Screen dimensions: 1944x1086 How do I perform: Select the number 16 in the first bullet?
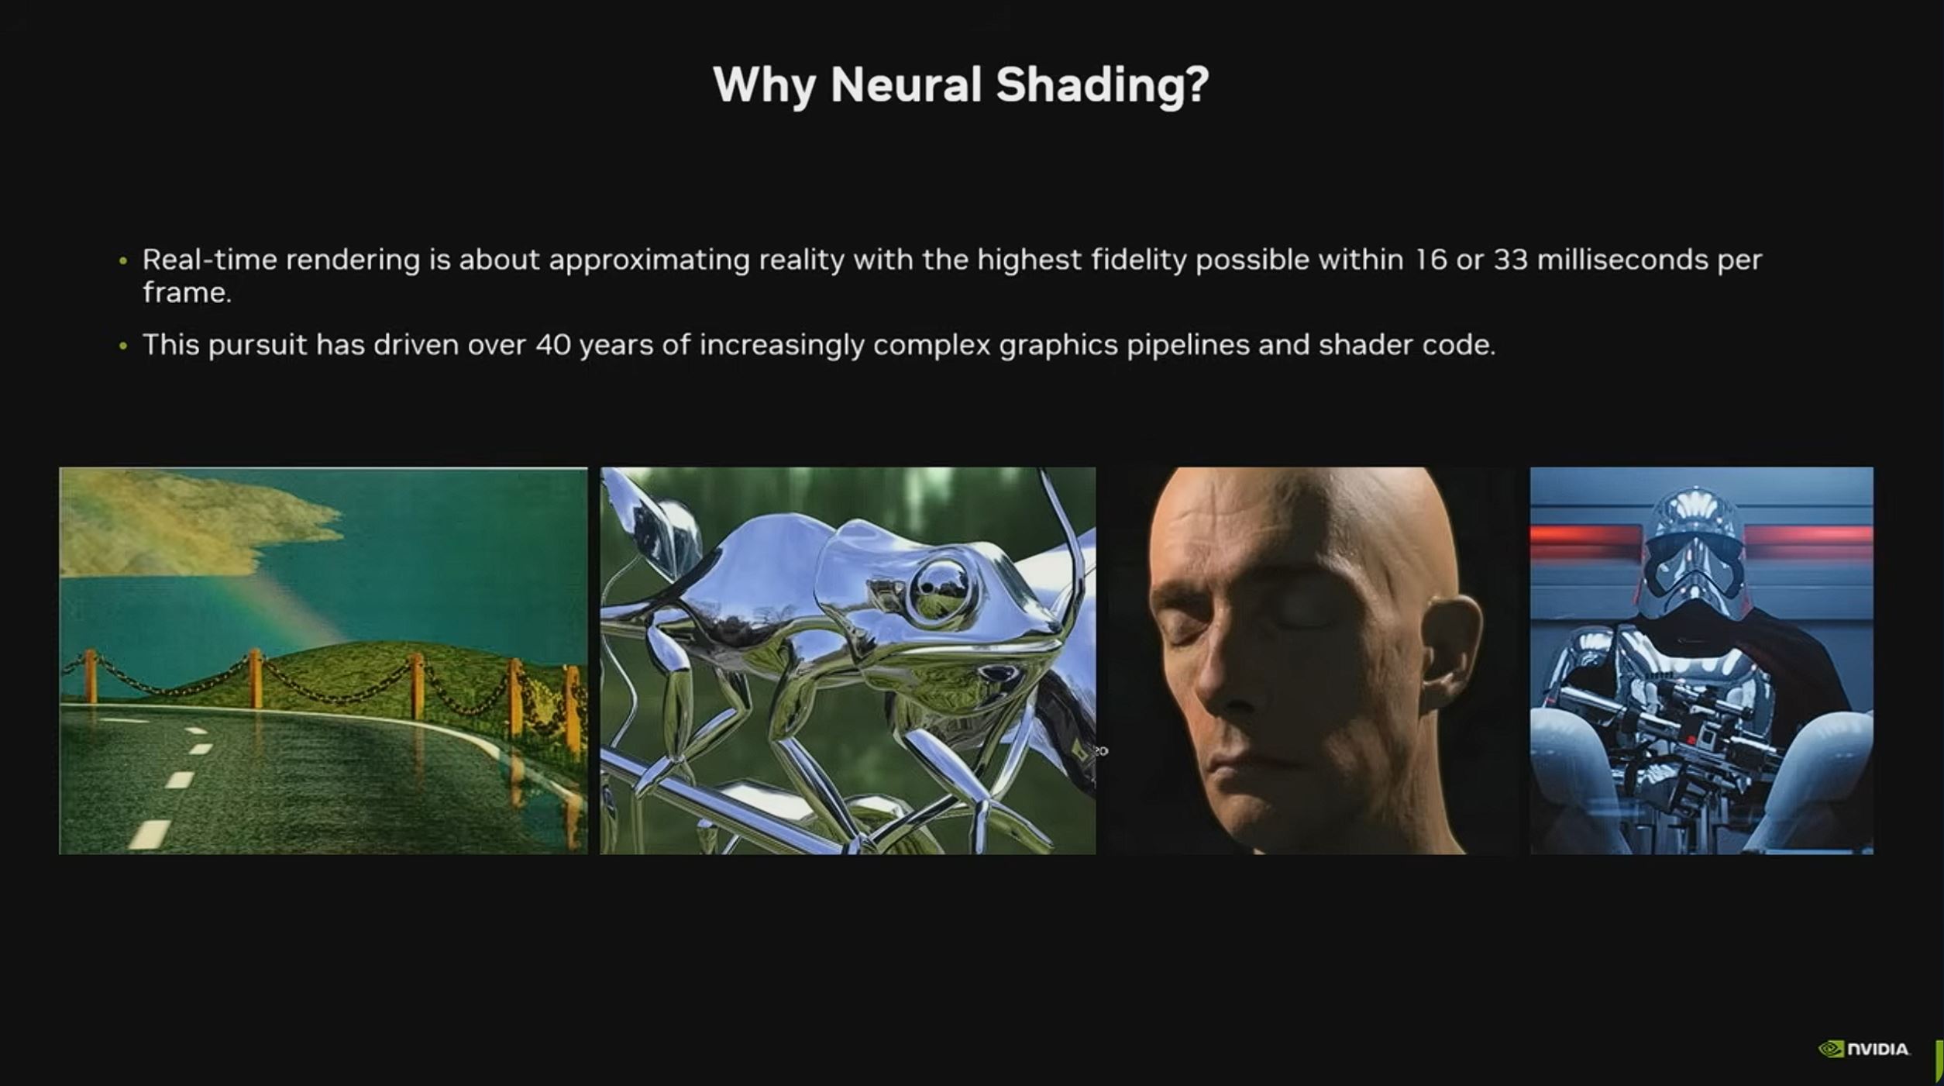pos(1430,260)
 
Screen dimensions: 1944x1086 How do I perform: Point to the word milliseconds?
pos(1622,260)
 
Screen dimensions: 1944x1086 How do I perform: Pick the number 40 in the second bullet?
pos(553,345)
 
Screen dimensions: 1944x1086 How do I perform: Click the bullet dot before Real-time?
pos(123,261)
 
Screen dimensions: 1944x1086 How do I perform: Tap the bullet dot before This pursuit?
pos(123,346)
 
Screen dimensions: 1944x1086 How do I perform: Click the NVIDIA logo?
pos(1864,1049)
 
